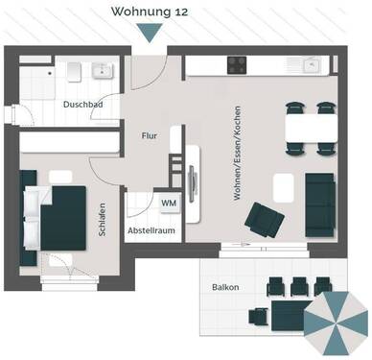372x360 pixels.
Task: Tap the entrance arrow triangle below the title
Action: coord(149,33)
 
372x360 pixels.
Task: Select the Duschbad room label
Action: coord(82,104)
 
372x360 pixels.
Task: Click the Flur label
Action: coord(150,136)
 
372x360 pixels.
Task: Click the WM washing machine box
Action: coord(168,204)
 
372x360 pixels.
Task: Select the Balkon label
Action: coord(226,287)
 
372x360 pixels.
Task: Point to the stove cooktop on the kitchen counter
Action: coord(238,64)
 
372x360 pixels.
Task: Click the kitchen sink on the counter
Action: coord(311,64)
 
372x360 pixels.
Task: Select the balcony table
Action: coord(288,309)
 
